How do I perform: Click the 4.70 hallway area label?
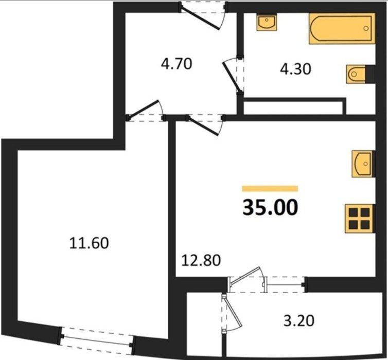tap(177, 64)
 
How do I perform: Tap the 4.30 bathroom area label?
tap(295, 69)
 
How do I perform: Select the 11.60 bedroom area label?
tap(89, 243)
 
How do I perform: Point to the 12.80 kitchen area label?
tap(201, 260)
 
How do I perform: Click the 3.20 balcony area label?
tap(298, 321)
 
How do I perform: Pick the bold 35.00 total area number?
tap(270, 207)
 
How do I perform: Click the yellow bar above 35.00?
tap(270, 188)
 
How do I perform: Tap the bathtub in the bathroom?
tap(342, 29)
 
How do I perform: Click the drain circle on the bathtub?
tap(366, 28)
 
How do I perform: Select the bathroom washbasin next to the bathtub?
tap(267, 22)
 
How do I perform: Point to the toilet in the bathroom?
tap(356, 74)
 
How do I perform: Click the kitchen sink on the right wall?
tap(362, 164)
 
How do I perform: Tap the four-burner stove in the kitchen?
tap(359, 219)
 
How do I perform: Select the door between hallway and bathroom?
tap(233, 76)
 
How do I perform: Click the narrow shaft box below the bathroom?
tap(295, 106)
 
